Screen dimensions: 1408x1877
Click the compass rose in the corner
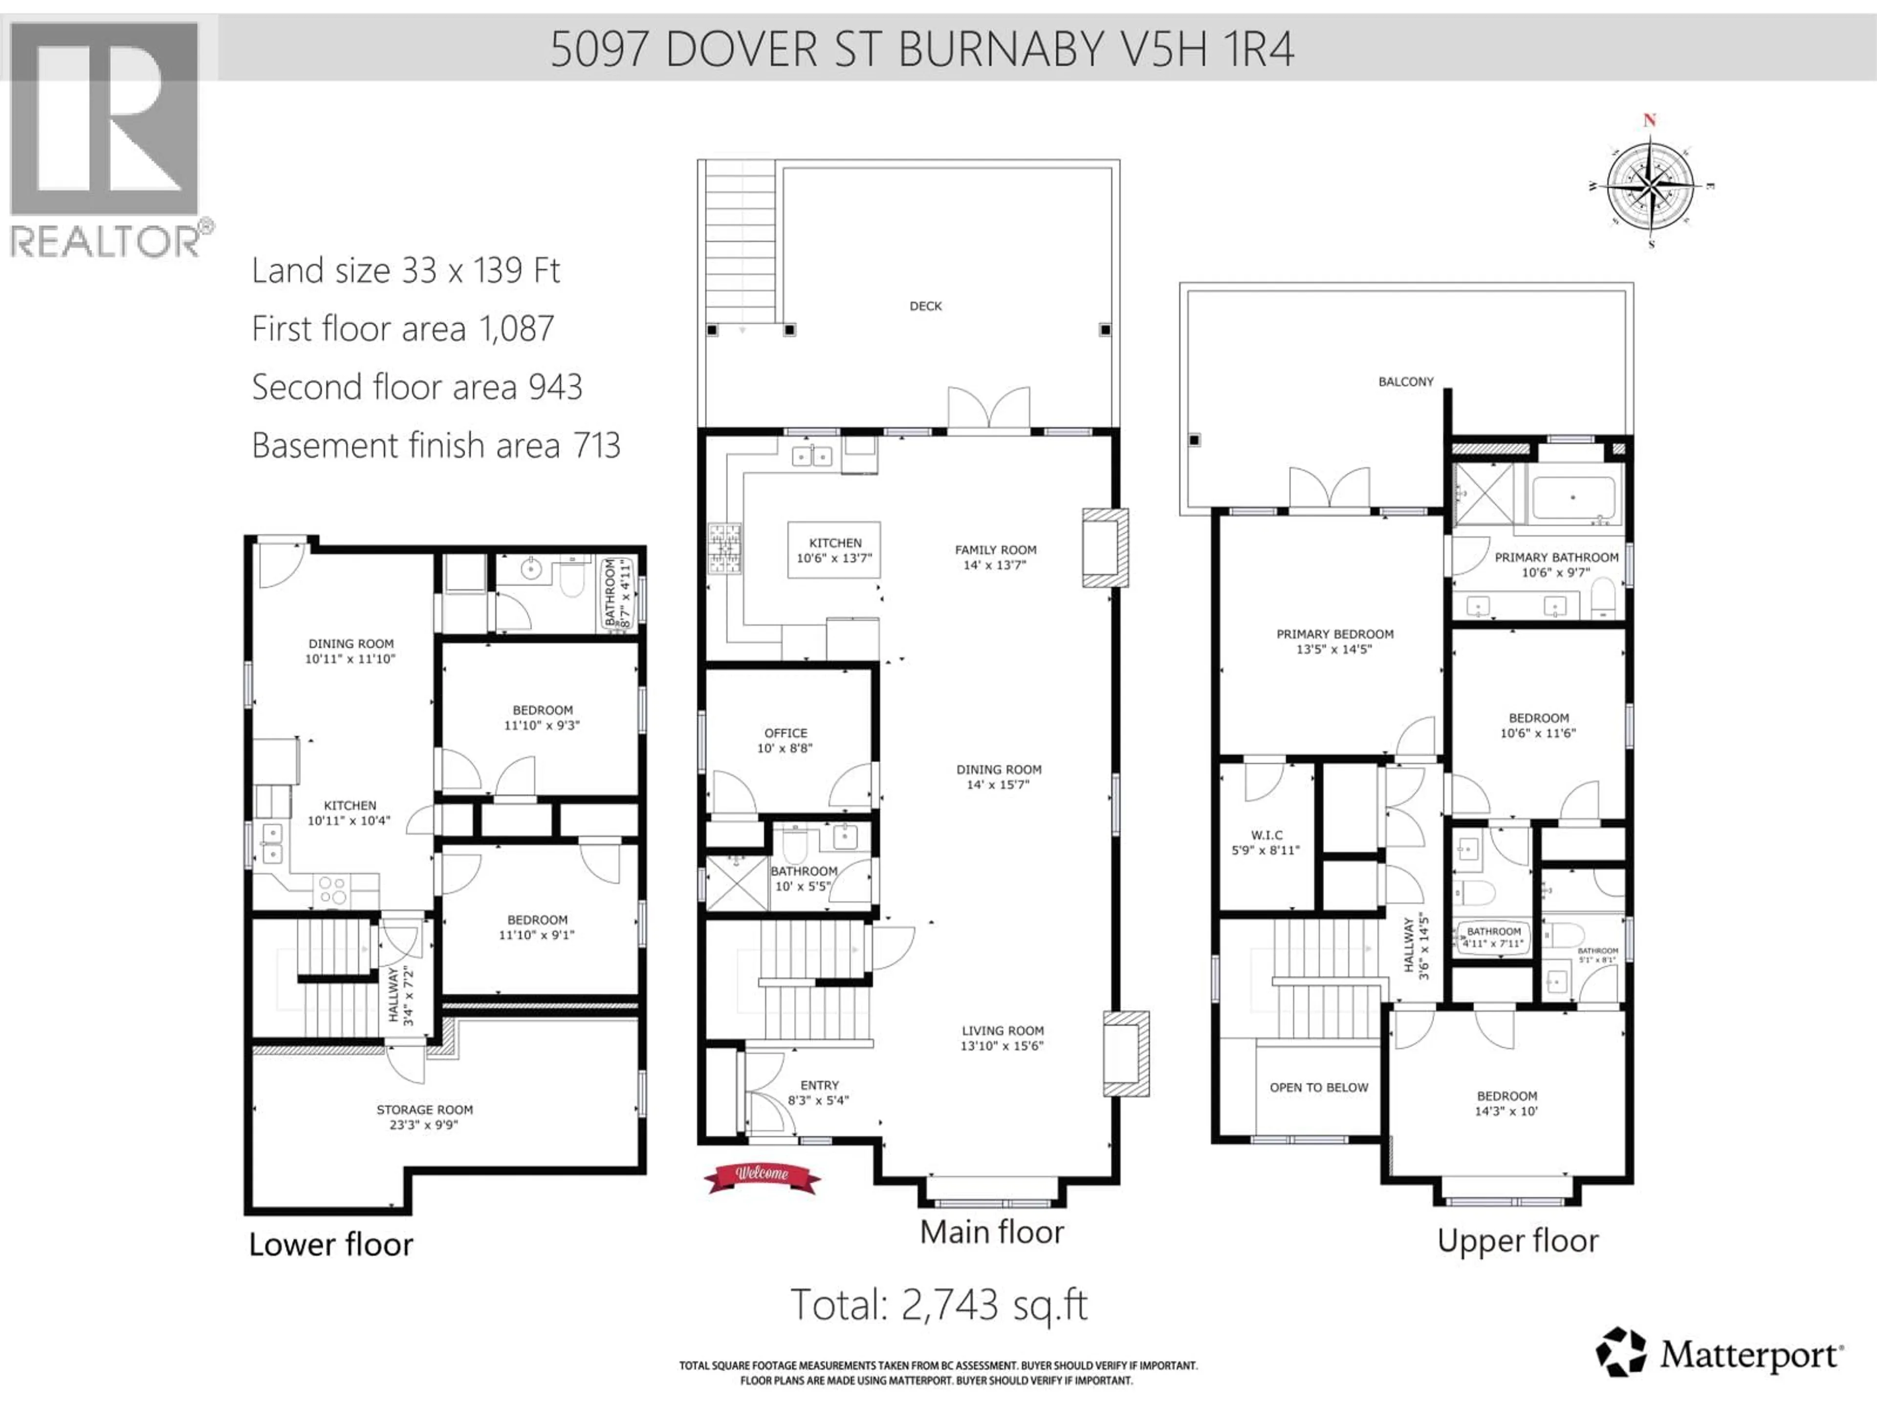click(x=1650, y=185)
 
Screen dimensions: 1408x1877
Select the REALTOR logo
click(x=106, y=140)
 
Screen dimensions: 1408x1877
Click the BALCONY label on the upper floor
click(x=1405, y=382)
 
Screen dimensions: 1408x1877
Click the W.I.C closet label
click(x=1266, y=835)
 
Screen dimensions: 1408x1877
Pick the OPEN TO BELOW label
click(x=1319, y=1087)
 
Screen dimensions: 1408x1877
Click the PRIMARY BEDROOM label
click(x=1335, y=634)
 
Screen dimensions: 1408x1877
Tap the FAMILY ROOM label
click(x=995, y=550)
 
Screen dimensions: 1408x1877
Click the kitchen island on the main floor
click(x=833, y=550)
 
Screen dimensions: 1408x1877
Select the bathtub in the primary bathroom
click(x=1573, y=498)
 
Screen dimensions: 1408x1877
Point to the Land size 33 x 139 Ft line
click(x=406, y=271)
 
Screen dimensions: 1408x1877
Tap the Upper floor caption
click(x=1517, y=1241)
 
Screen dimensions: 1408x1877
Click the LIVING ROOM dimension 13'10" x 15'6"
click(x=1002, y=1046)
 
